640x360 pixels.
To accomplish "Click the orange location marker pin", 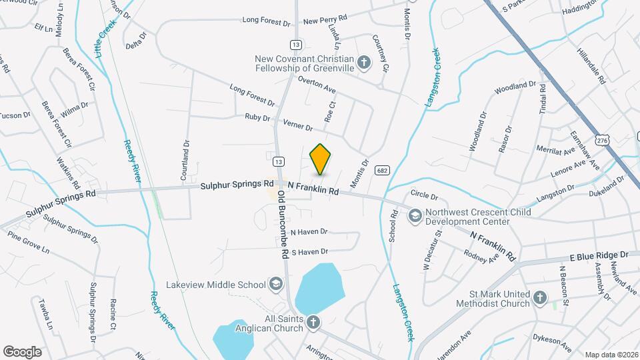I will pos(320,159).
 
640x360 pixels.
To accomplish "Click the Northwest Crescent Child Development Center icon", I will pos(415,215).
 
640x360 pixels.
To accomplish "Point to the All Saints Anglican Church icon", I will pos(312,323).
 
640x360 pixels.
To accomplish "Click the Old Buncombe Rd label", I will pos(282,225).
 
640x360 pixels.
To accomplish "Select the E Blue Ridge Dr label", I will pos(599,255).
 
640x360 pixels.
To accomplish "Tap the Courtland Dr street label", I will pos(186,161).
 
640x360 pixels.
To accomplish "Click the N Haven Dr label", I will pos(309,231).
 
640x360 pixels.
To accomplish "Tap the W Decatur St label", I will pos(431,250).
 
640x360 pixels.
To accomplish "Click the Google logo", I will pos(22,351).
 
